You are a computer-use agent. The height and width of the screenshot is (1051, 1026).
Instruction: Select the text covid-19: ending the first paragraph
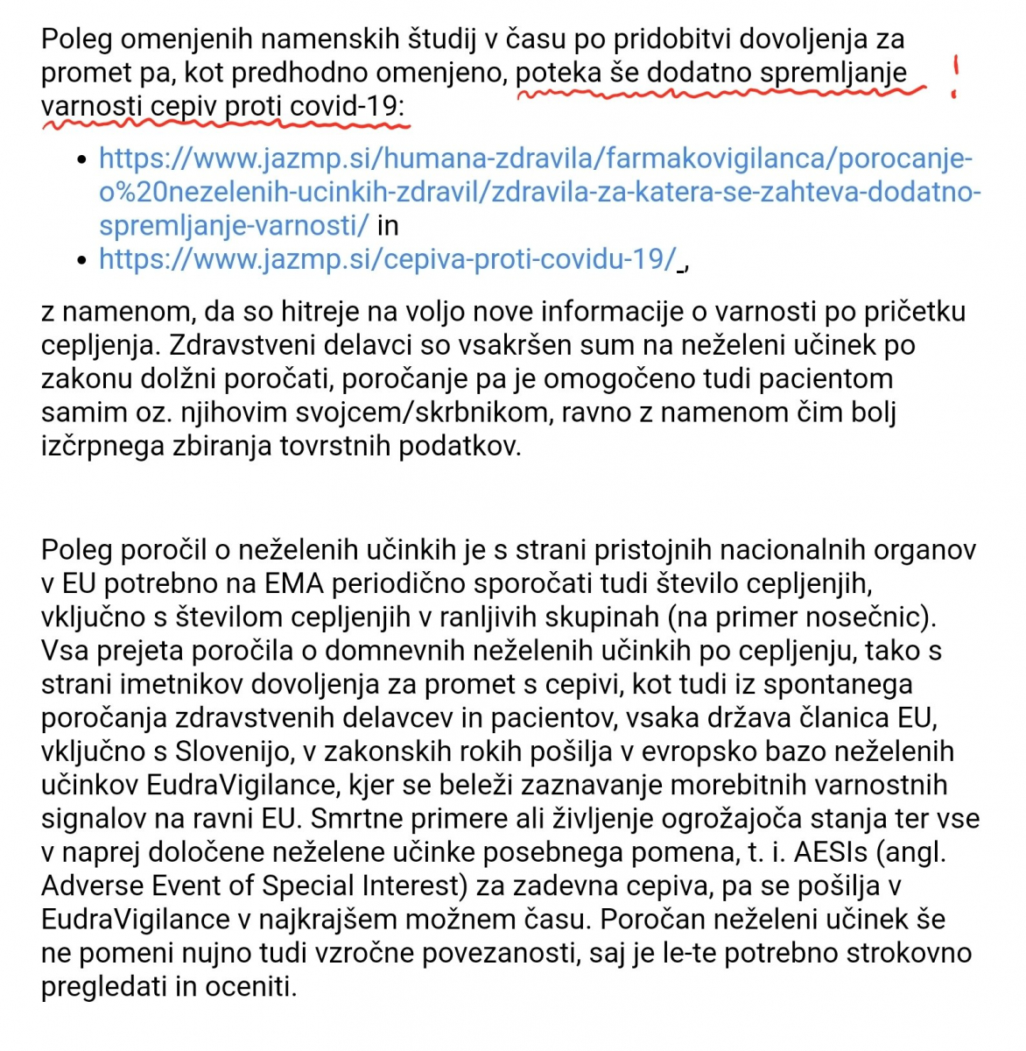point(348,106)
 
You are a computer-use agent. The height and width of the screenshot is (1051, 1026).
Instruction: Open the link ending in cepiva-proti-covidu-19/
point(388,259)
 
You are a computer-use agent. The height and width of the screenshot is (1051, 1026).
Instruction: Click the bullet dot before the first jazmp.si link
point(82,159)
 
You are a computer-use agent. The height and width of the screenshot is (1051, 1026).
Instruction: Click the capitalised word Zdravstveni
point(261,345)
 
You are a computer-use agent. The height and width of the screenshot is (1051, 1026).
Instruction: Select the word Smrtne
point(356,819)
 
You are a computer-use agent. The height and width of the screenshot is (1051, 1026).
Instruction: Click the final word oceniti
point(251,987)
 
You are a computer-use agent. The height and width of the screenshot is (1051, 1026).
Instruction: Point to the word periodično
point(398,583)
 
